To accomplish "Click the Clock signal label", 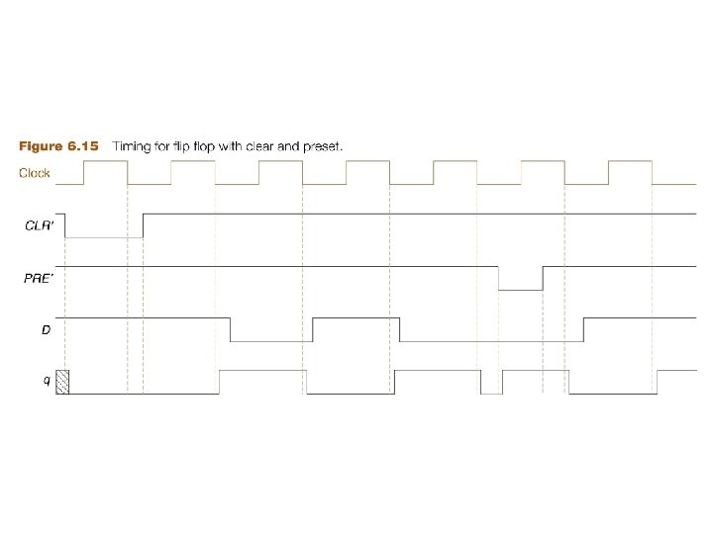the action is (x=36, y=174).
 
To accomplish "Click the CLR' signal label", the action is (x=40, y=225).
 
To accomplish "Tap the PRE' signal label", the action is (x=40, y=278).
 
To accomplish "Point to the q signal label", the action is (x=47, y=382).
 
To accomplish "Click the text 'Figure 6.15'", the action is (x=59, y=146).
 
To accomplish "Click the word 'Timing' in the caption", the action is (x=134, y=146).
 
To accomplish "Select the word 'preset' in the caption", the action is (x=322, y=146).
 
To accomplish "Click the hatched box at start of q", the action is (x=62, y=382).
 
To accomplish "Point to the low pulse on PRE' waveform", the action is (x=520, y=289).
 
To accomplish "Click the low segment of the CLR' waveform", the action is (x=104, y=237).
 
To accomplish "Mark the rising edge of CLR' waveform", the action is (x=144, y=225).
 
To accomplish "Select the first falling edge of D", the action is (x=230, y=330).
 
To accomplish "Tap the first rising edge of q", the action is (x=220, y=382).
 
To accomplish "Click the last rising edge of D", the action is (x=583, y=330).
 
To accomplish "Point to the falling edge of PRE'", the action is (x=498, y=278).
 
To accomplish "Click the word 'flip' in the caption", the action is (x=186, y=146).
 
